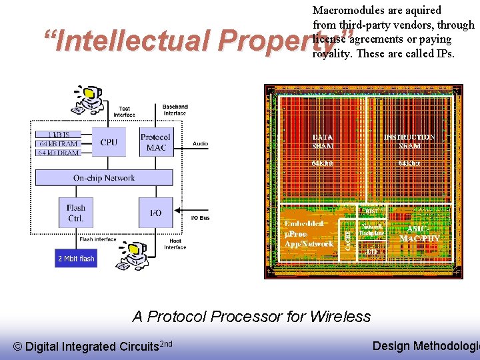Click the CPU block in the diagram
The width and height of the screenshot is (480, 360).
[109, 142]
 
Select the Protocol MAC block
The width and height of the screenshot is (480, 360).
[156, 142]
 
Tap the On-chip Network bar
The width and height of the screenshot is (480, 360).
[103, 178]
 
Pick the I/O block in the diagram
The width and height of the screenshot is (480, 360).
[156, 213]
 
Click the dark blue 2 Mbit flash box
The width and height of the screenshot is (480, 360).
[75, 258]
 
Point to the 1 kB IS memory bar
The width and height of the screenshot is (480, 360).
[57, 135]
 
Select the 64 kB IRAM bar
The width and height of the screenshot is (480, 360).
[57, 143]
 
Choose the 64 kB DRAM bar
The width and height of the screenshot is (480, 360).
[57, 153]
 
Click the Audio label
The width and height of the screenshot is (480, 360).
[200, 143]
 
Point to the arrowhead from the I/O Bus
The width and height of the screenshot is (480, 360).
[179, 210]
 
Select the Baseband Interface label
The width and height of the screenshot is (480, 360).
[175, 109]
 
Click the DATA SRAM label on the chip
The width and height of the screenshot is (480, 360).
[323, 141]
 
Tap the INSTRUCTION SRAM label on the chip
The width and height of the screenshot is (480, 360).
[409, 141]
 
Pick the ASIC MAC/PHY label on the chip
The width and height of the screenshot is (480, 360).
[419, 233]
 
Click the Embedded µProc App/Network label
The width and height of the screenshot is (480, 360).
[309, 233]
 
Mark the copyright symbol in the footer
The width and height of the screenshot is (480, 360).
[18, 346]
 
